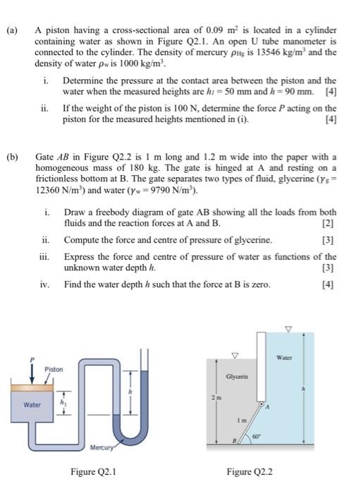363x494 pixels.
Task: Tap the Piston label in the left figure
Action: tap(54, 369)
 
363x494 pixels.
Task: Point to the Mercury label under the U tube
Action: tap(101, 447)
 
